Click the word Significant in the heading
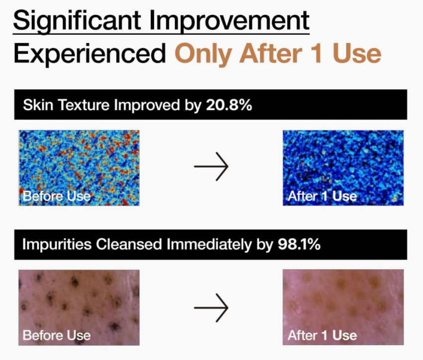(x=77, y=21)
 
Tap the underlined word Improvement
(x=229, y=21)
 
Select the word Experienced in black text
(x=90, y=53)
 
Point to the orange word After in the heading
(x=271, y=53)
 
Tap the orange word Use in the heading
(x=357, y=53)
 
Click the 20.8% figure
(x=229, y=105)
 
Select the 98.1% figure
(x=299, y=244)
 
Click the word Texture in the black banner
(x=84, y=105)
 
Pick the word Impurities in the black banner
(x=57, y=244)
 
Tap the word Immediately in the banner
(x=209, y=244)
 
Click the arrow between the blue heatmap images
(x=211, y=166)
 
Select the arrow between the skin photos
(x=211, y=308)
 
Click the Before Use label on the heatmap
(x=57, y=196)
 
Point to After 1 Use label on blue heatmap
(x=322, y=196)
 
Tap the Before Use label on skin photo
(x=57, y=336)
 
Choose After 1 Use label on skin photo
(x=322, y=336)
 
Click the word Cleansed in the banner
(x=129, y=244)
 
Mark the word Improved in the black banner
(x=147, y=105)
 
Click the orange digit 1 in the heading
(x=316, y=53)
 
